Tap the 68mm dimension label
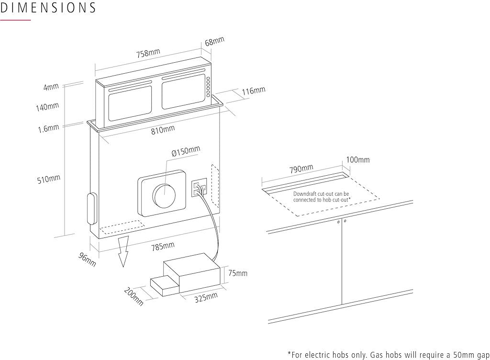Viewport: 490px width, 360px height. pos(214,42)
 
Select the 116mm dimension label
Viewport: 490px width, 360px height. pos(253,90)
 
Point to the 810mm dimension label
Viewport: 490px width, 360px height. pos(163,130)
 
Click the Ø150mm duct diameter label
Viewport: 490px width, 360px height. pos(186,151)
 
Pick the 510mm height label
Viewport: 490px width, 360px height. pos(49,180)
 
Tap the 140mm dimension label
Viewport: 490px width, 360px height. pos(47,107)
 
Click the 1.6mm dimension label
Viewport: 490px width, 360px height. pos(49,129)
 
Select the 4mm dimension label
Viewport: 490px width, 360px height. pos(51,87)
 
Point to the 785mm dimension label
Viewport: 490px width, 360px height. pos(163,247)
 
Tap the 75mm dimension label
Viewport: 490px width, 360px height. pos(238,273)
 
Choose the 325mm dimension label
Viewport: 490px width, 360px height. pos(206,298)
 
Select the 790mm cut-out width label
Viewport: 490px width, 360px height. pos(301,169)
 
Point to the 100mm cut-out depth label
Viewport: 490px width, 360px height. pos(358,160)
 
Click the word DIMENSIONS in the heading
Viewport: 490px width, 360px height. pos(48,8)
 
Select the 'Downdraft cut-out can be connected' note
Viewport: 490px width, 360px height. pos(322,196)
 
